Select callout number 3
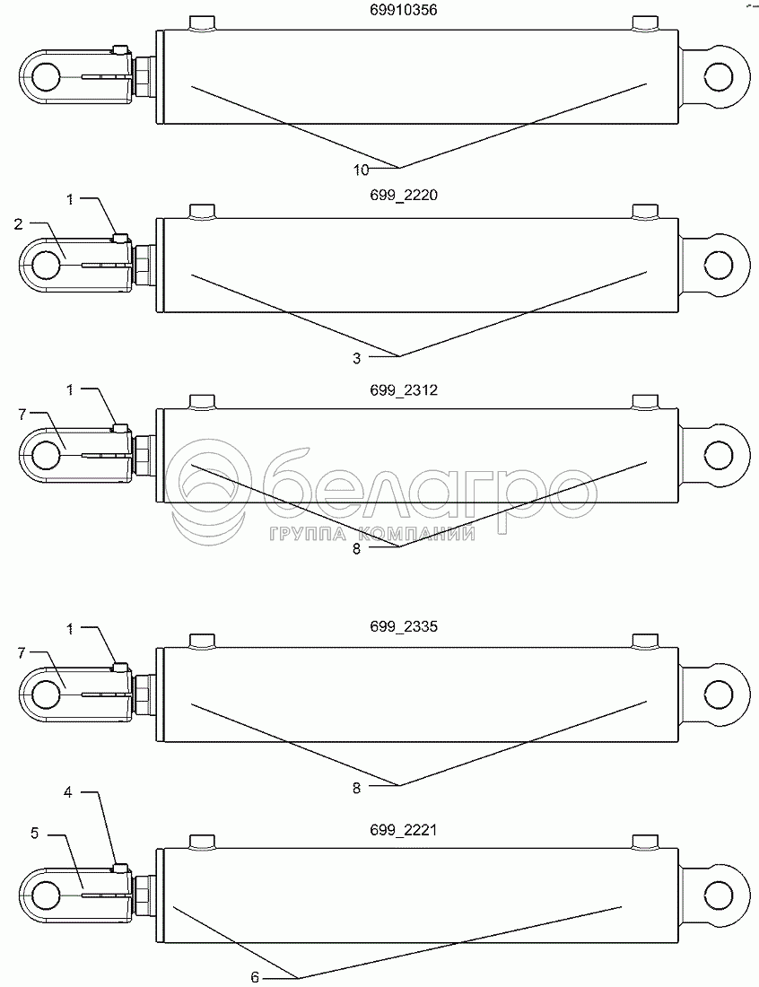(356, 358)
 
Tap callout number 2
(19, 224)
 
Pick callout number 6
(255, 977)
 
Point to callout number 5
(34, 833)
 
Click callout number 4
(67, 792)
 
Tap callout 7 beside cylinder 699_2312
(21, 414)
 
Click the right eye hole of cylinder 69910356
(720, 75)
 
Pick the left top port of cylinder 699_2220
(203, 212)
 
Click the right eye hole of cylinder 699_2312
(720, 455)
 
